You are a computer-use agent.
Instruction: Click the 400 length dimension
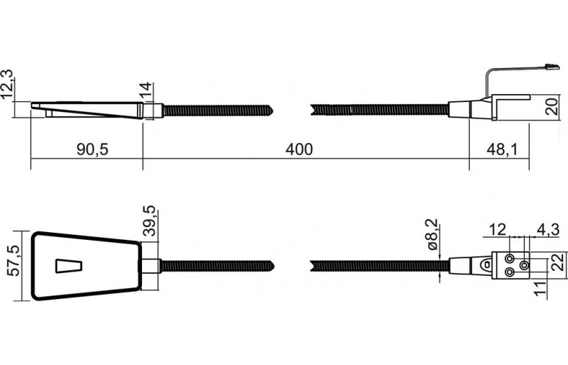coord(299,150)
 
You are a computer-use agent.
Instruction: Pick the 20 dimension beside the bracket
coord(552,106)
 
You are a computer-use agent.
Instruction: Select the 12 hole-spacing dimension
coord(497,228)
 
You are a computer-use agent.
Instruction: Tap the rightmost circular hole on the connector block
coord(523,265)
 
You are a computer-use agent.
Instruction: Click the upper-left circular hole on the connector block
coord(509,257)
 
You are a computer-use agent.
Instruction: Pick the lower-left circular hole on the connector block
coord(509,272)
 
